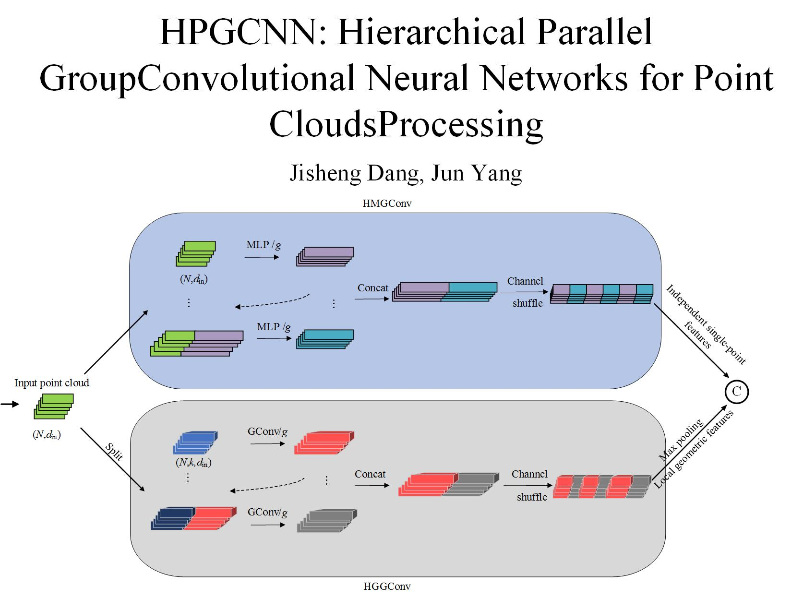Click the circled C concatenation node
(736, 392)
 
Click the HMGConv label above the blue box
(387, 203)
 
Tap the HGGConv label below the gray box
(387, 586)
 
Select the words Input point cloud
(52, 383)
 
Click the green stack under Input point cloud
(53, 406)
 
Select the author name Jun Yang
(476, 173)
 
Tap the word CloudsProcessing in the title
(406, 124)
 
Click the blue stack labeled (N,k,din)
(195, 443)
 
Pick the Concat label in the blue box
(372, 288)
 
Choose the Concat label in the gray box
(370, 474)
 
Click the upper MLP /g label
(264, 245)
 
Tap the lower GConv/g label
(267, 512)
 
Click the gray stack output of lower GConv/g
(327, 521)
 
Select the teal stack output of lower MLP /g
(325, 338)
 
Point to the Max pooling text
(681, 440)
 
